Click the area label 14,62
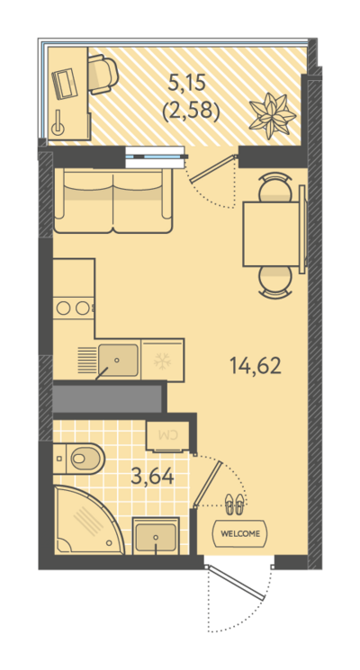pos(256,366)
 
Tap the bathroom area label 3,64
pos(153,476)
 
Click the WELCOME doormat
pos(240,533)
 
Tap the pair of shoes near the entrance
pos(234,504)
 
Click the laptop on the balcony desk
pos(63,83)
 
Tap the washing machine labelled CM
pos(167,436)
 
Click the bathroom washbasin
pos(156,536)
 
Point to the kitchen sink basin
pos(118,361)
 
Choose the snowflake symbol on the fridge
pos(162,361)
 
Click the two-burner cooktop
pos(73,308)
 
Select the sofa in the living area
pos(113,200)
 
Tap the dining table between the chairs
pos(271,234)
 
